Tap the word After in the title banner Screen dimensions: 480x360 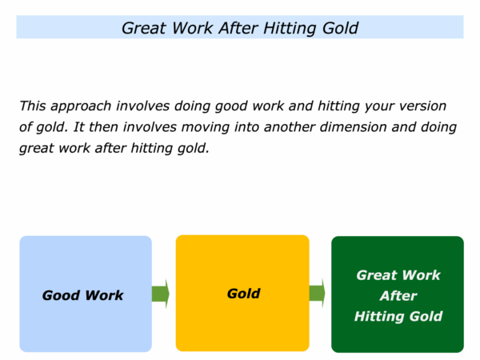click(238, 28)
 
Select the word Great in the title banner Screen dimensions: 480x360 click(144, 28)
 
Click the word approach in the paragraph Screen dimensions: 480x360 click(81, 106)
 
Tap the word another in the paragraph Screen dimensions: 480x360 click(290, 127)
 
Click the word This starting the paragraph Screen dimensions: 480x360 click(33, 106)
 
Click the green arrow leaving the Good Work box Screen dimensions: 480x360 click(161, 294)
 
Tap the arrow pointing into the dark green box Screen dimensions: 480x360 click(317, 294)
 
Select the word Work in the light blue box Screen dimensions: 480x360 click(104, 296)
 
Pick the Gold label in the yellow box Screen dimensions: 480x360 click(244, 294)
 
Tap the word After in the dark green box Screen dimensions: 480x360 click(398, 296)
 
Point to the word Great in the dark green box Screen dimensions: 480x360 click(376, 275)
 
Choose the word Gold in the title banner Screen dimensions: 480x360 click(340, 28)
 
